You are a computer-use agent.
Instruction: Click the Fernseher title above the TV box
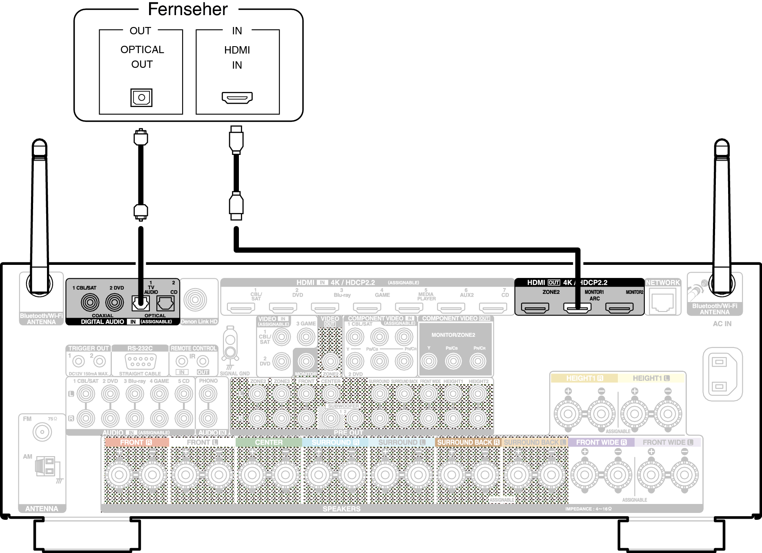click(x=187, y=9)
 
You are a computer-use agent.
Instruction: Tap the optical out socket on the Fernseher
click(x=141, y=97)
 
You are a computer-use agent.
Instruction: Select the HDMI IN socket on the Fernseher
click(x=237, y=97)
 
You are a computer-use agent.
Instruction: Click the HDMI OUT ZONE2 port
click(x=535, y=307)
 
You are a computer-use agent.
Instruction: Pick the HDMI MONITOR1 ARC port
click(x=577, y=307)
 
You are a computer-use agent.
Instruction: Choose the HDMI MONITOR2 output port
click(x=619, y=307)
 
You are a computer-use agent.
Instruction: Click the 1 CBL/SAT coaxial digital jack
click(x=90, y=302)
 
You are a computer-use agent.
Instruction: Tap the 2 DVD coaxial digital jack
click(x=115, y=302)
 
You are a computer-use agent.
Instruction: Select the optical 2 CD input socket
click(x=165, y=303)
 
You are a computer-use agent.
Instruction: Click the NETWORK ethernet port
click(x=663, y=302)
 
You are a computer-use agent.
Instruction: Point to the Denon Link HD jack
click(x=195, y=300)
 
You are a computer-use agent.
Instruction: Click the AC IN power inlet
click(x=722, y=374)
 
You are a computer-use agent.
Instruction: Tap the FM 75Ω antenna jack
click(x=42, y=432)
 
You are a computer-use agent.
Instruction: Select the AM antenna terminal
click(x=46, y=466)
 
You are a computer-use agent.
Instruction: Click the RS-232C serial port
click(x=140, y=361)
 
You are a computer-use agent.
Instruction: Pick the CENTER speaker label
click(x=268, y=442)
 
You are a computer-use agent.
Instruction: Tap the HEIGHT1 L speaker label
click(x=651, y=378)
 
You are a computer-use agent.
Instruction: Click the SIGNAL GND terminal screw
click(x=230, y=352)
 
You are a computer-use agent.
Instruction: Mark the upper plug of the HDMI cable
click(x=236, y=139)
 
